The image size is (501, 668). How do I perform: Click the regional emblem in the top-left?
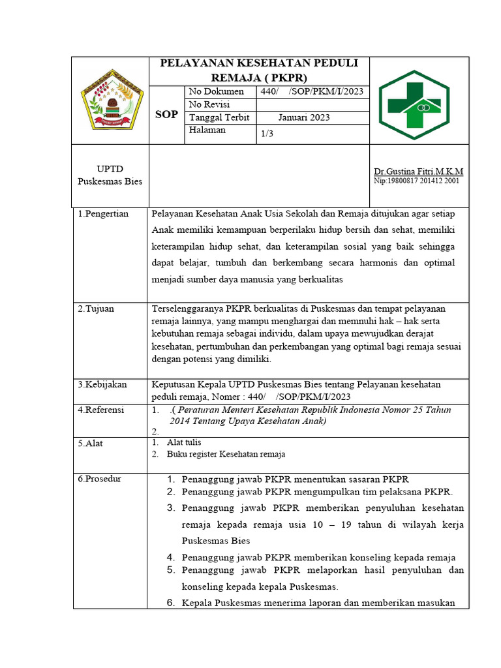(x=111, y=100)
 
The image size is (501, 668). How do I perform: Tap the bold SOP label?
(x=166, y=115)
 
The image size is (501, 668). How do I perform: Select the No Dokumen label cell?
(x=216, y=92)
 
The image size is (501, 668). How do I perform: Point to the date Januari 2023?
(x=303, y=117)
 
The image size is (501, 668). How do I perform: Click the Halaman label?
(x=207, y=130)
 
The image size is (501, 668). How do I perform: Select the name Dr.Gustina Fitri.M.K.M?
(x=418, y=171)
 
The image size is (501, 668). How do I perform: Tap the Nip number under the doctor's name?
(x=416, y=181)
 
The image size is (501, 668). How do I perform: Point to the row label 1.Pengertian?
(x=103, y=214)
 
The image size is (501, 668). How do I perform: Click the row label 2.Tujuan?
(x=96, y=309)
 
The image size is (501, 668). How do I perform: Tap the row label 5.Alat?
(x=91, y=444)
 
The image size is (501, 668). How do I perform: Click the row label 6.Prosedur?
(x=99, y=479)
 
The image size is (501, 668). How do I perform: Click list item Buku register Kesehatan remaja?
(x=226, y=454)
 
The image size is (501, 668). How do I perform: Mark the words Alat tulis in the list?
(x=184, y=442)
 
